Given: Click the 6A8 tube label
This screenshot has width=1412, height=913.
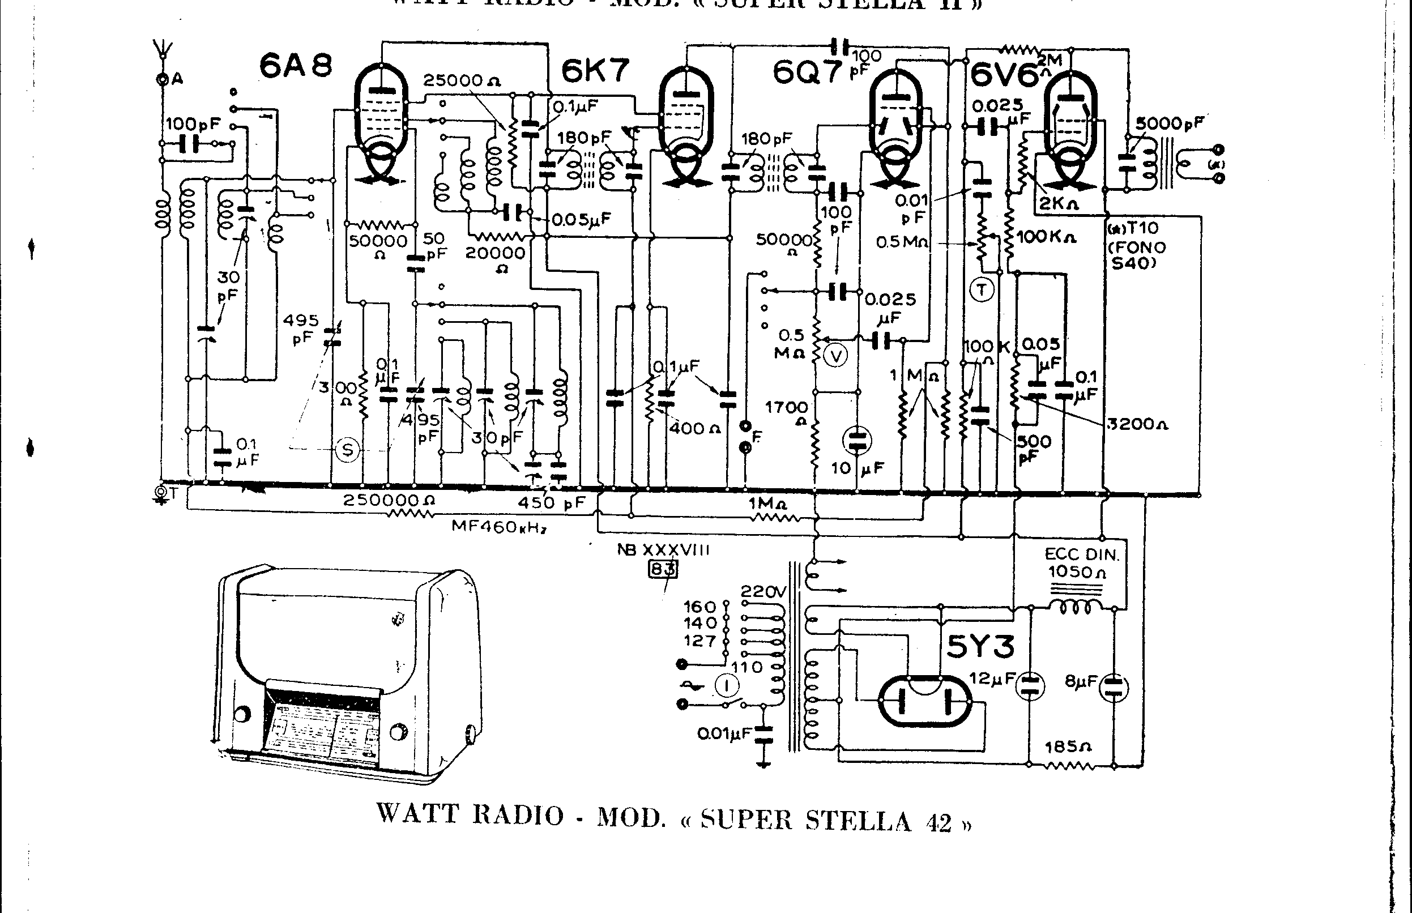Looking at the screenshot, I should point(296,66).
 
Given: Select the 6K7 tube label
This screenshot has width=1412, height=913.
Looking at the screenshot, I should point(595,71).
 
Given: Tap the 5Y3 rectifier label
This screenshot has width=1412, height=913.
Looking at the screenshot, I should point(980,646).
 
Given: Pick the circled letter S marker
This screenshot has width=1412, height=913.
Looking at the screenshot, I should point(347,450).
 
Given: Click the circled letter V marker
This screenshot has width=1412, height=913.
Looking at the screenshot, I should point(837,356).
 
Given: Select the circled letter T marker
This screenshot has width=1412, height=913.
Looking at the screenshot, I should point(982,290).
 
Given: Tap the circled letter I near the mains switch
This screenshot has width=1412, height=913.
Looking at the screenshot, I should point(727,686).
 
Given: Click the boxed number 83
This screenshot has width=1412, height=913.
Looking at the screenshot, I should point(663,569).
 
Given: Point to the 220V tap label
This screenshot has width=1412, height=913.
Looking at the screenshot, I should point(762,592).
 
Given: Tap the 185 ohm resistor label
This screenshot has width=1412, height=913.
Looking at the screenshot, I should point(1068,746).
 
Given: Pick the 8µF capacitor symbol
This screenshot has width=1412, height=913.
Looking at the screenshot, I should point(1114,688).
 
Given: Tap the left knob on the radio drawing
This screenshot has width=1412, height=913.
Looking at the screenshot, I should point(242,714).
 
